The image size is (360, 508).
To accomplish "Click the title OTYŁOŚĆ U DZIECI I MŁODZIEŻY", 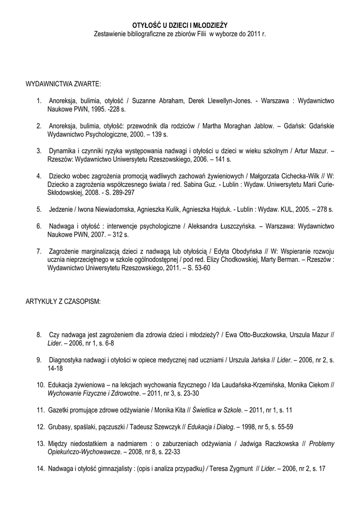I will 180,24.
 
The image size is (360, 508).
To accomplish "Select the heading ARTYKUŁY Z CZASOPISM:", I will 63,302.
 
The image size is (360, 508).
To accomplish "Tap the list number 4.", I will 38,176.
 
